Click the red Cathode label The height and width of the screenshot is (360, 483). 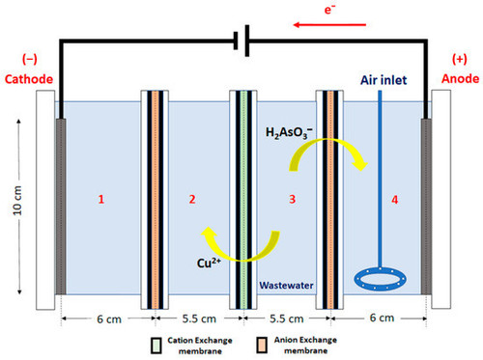(x=29, y=79)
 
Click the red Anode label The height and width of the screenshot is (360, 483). (x=460, y=78)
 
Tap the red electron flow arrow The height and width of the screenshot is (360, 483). (x=329, y=25)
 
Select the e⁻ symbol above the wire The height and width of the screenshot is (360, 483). (x=329, y=10)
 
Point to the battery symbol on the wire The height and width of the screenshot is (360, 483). (x=241, y=41)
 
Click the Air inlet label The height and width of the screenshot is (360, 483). (x=384, y=80)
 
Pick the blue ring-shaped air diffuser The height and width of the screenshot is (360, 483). (x=380, y=279)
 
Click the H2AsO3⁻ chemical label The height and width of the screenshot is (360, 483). (x=289, y=132)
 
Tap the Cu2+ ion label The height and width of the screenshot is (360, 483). (x=209, y=263)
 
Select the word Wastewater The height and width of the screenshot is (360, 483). (x=286, y=286)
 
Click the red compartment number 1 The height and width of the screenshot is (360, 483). (x=101, y=199)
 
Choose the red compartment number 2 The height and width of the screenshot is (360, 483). (x=192, y=199)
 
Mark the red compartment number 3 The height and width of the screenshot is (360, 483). (x=292, y=199)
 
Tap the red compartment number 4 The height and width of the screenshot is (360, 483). (x=395, y=200)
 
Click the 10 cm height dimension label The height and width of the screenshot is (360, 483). (x=17, y=201)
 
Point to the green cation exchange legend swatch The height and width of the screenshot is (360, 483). (x=156, y=346)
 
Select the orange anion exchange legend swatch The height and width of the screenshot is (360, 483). (x=262, y=346)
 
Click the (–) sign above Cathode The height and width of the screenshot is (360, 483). (x=29, y=59)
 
